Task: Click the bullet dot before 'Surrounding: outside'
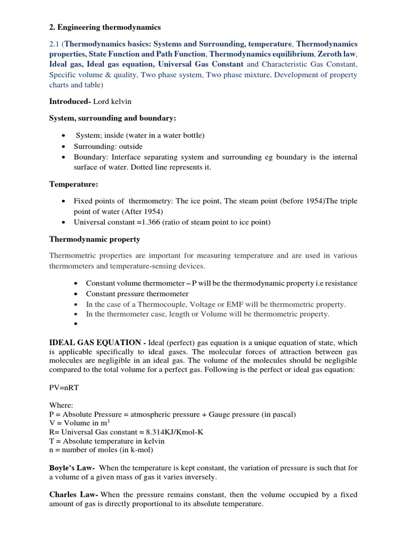click(64, 146)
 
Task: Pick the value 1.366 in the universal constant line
click(147, 222)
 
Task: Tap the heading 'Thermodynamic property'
click(95, 239)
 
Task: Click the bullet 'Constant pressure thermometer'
click(137, 294)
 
